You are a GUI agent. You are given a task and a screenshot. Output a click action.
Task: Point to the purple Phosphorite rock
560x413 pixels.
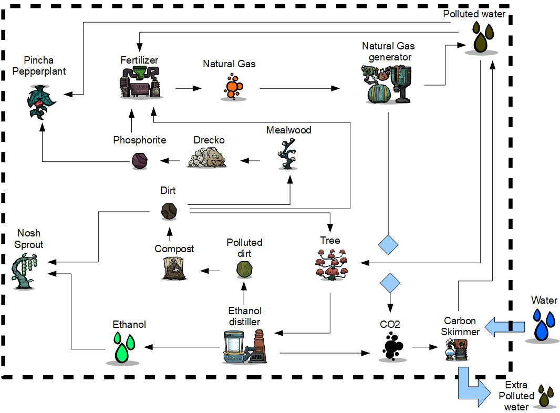[x=139, y=158]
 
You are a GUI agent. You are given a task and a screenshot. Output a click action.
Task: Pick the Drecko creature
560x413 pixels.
[x=207, y=157]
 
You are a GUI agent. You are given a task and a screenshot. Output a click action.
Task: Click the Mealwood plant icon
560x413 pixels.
[x=288, y=154]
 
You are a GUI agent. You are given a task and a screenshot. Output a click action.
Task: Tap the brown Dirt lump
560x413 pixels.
[x=169, y=211]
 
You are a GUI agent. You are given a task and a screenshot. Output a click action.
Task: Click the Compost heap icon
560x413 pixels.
[x=174, y=268]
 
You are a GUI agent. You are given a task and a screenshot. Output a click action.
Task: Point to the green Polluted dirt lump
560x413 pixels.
[x=244, y=270]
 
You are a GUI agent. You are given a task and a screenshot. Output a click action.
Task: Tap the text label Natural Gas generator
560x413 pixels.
[x=388, y=51]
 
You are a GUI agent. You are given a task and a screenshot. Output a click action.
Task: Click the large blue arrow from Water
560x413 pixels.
[x=504, y=327]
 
